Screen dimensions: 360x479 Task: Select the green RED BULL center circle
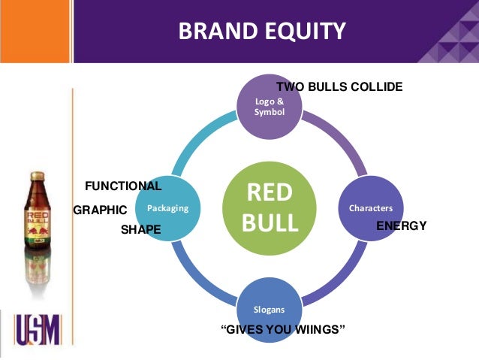click(268, 208)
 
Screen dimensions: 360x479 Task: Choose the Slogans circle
click(268, 308)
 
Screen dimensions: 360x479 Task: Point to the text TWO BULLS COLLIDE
click(339, 87)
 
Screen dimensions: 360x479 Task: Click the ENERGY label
click(401, 225)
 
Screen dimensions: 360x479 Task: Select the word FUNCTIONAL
click(122, 186)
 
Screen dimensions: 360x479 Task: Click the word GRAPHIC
click(100, 211)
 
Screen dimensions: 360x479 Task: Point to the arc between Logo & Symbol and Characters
click(338, 139)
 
